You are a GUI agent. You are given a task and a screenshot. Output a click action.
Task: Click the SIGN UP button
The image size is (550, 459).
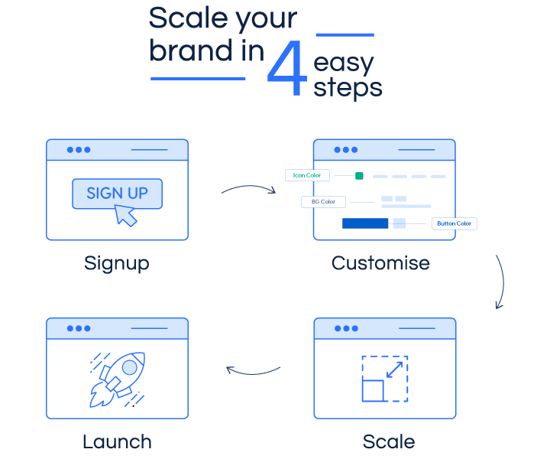click(x=117, y=193)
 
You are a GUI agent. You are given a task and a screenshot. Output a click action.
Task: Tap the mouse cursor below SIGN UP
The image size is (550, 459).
click(x=125, y=216)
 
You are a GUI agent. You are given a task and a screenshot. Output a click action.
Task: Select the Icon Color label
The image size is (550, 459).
click(x=307, y=175)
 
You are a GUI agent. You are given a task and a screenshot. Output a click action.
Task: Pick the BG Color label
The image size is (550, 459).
click(x=323, y=202)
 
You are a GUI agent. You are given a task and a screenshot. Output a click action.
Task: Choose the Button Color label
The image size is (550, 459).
click(x=454, y=223)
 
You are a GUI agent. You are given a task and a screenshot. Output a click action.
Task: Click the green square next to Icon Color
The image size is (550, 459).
click(x=359, y=176)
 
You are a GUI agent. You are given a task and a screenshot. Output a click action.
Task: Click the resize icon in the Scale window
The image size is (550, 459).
click(x=384, y=378)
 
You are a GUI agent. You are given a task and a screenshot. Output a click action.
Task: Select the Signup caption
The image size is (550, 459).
click(x=117, y=263)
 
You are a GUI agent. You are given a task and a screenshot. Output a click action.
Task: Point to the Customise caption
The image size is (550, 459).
click(x=380, y=263)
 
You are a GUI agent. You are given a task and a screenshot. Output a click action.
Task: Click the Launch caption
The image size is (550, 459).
click(x=117, y=441)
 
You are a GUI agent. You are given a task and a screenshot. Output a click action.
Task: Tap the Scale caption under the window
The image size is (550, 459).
click(x=389, y=441)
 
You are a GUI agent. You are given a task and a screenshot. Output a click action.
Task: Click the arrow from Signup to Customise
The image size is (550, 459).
click(x=249, y=188)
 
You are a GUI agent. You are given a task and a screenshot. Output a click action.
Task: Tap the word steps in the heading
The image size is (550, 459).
click(x=348, y=88)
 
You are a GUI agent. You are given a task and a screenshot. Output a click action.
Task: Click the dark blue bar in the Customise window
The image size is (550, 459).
click(x=365, y=223)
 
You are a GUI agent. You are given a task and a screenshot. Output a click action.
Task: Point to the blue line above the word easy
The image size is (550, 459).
click(x=345, y=34)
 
